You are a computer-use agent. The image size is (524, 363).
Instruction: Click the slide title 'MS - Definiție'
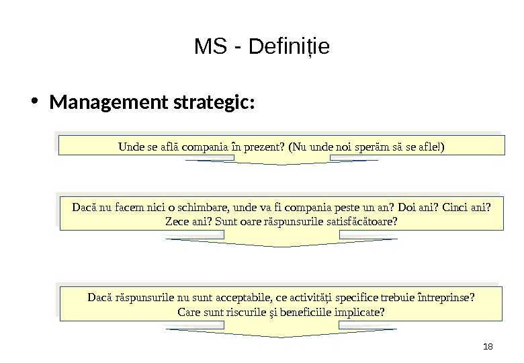pyautogui.click(x=262, y=48)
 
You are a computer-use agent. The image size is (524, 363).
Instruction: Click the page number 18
pyautogui.click(x=488, y=347)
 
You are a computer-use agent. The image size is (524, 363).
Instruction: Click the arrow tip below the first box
pyautogui.click(x=281, y=163)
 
